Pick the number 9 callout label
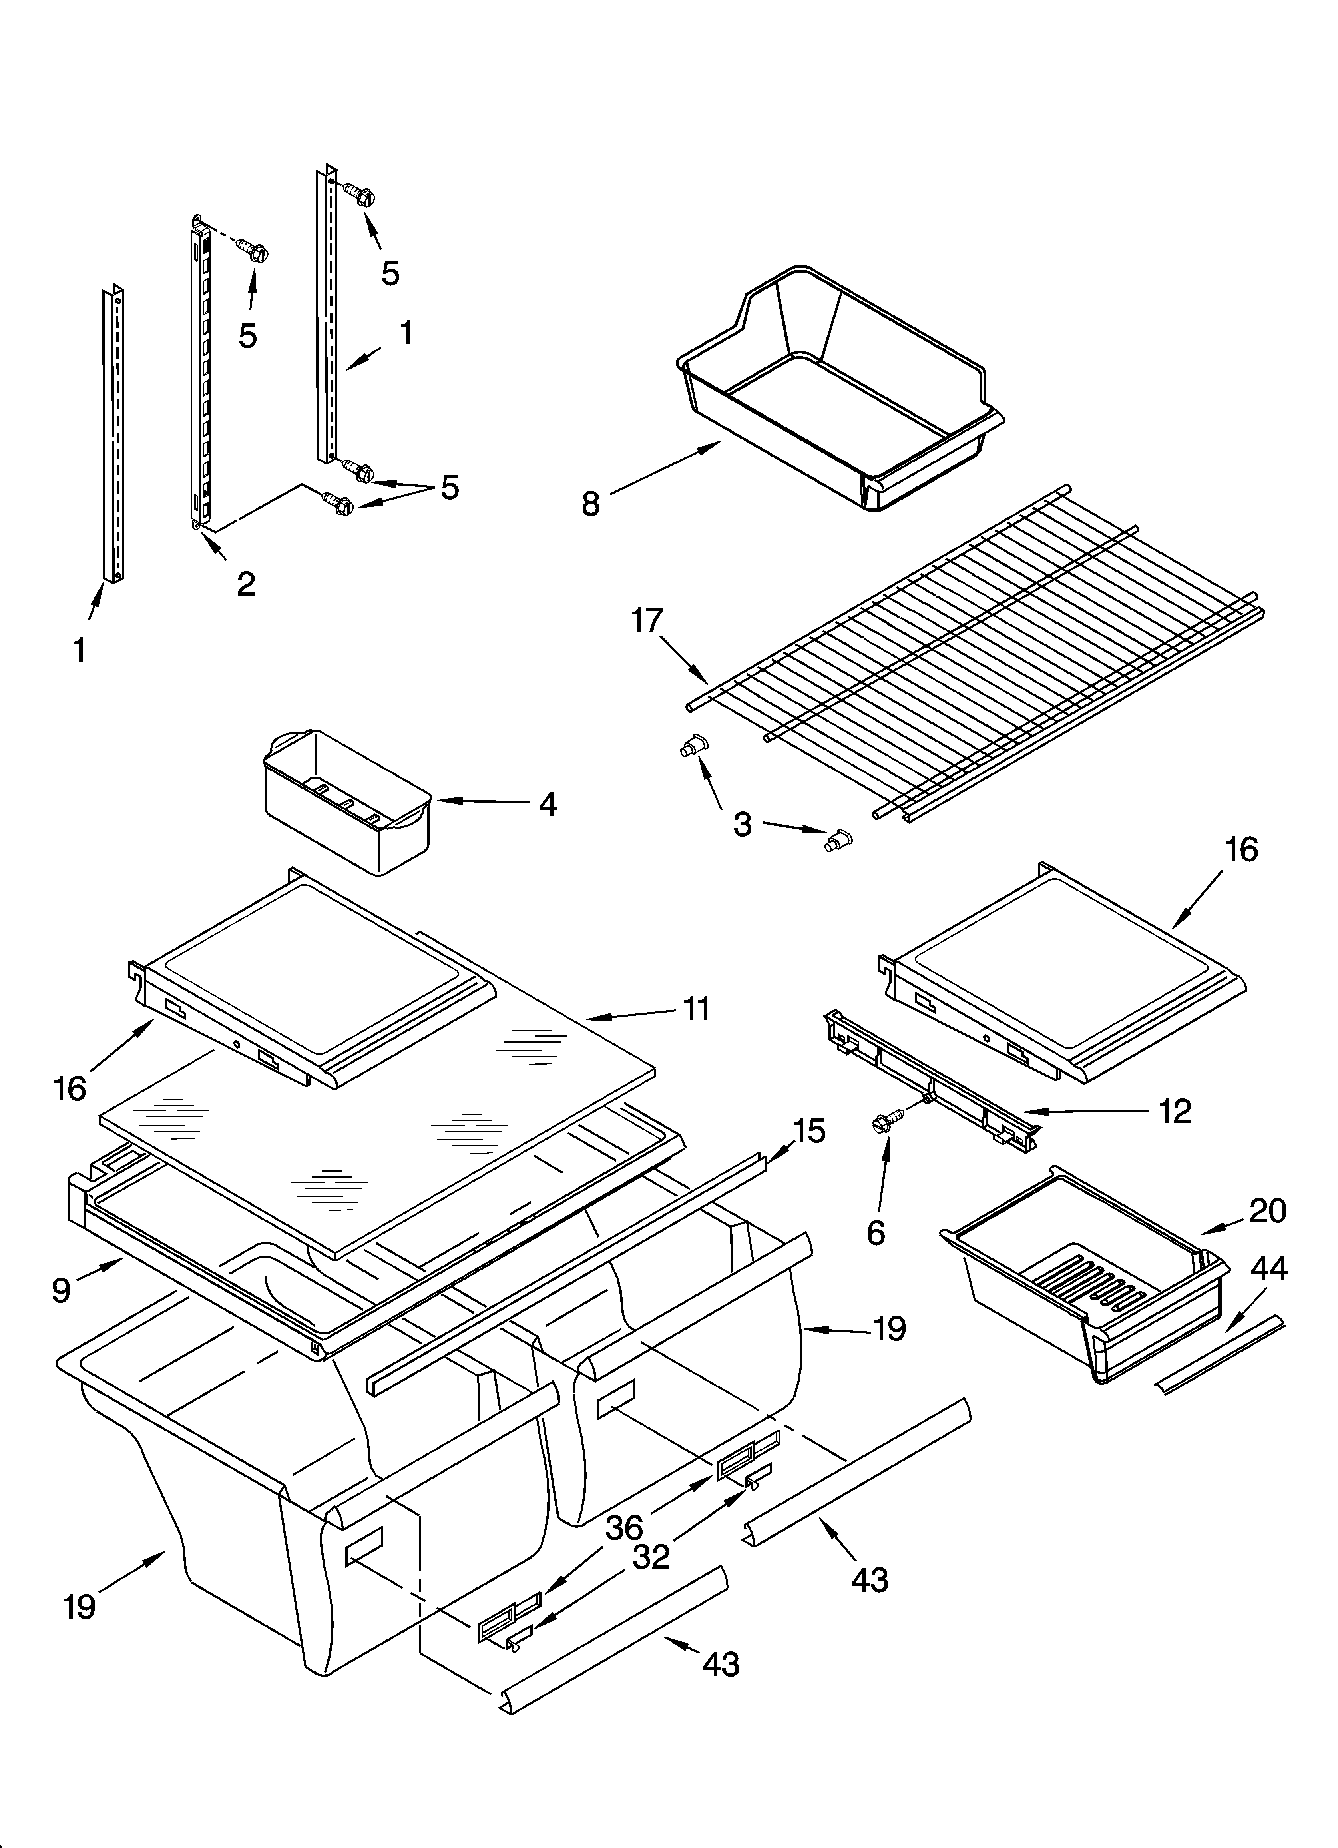pos(61,1290)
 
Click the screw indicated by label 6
pos(882,1124)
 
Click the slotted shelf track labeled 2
pos(201,379)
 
